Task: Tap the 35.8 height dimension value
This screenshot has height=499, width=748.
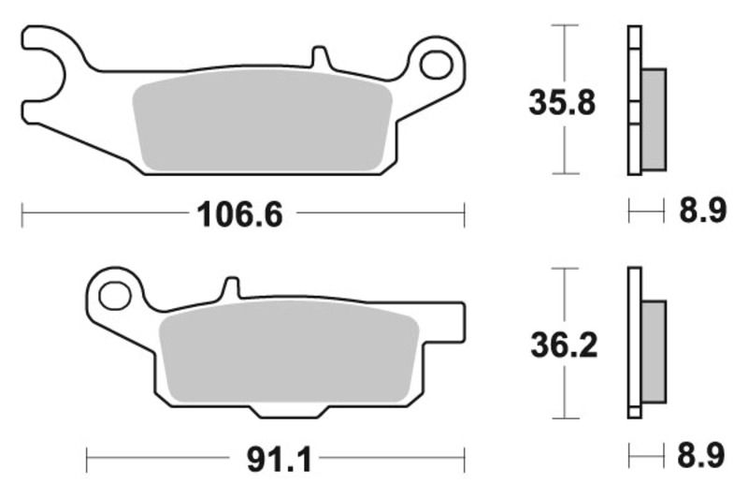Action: click(x=562, y=101)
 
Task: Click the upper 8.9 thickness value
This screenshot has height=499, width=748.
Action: click(x=701, y=213)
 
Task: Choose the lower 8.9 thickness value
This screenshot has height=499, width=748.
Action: click(x=701, y=457)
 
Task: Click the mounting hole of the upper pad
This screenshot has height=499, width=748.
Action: click(x=435, y=65)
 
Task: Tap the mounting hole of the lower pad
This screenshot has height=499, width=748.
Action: click(x=114, y=298)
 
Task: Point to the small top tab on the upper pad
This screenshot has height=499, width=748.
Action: click(x=320, y=57)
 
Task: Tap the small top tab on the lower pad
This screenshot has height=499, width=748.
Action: click(x=230, y=288)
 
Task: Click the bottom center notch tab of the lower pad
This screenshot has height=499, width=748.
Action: click(x=292, y=411)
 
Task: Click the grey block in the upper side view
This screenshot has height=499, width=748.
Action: click(x=654, y=119)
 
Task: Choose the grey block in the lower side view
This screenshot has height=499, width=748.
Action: click(x=654, y=351)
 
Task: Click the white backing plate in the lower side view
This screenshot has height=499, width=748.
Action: click(x=634, y=343)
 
